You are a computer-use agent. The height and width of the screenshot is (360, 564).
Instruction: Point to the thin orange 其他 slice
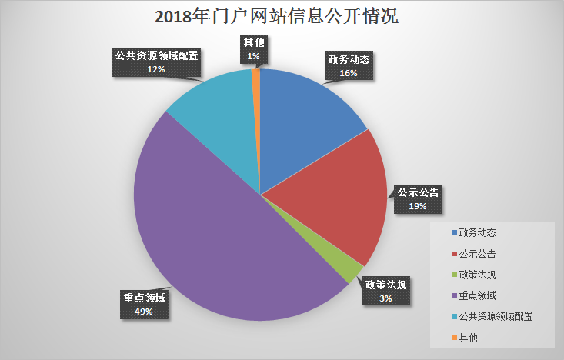point(257,92)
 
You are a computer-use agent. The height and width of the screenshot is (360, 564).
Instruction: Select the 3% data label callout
point(385,291)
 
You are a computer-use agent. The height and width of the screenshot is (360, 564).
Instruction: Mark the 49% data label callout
point(144,305)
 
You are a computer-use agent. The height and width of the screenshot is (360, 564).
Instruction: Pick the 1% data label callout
point(253,49)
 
